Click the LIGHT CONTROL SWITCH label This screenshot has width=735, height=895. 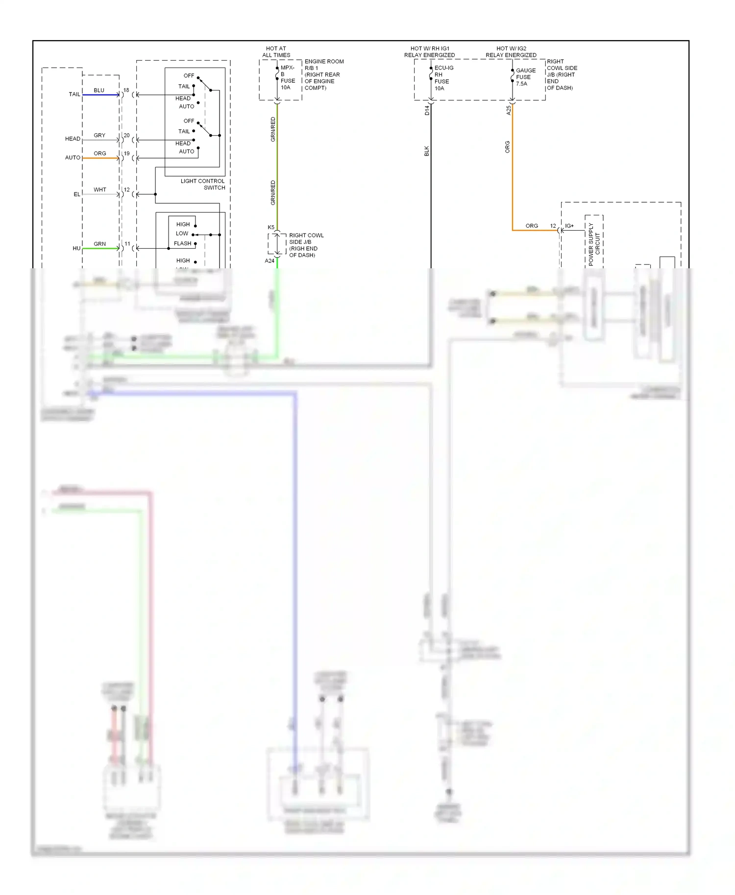pyautogui.click(x=203, y=184)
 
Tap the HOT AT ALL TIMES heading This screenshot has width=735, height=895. pyautogui.click(x=276, y=52)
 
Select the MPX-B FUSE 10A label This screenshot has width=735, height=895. pyautogui.click(x=288, y=77)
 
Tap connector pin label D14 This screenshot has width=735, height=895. pyautogui.click(x=427, y=110)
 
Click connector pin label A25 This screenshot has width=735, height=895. pyautogui.click(x=509, y=110)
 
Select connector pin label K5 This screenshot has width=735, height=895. pyautogui.click(x=271, y=227)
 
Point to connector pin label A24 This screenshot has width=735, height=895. pyautogui.click(x=269, y=261)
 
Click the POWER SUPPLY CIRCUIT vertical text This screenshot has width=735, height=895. pyautogui.click(x=594, y=244)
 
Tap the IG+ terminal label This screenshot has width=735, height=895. pyautogui.click(x=569, y=226)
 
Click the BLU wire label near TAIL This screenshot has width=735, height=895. pyautogui.click(x=99, y=90)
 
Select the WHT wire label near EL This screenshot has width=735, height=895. pyautogui.click(x=100, y=189)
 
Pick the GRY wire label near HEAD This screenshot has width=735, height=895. pyautogui.click(x=99, y=135)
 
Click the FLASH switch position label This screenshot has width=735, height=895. pyautogui.click(x=182, y=243)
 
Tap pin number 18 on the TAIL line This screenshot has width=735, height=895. pyautogui.click(x=126, y=90)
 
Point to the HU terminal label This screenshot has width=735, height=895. pyautogui.click(x=76, y=248)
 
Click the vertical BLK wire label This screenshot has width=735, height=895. pyautogui.click(x=426, y=151)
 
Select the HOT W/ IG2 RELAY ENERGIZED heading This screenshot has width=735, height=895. pyautogui.click(x=511, y=52)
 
